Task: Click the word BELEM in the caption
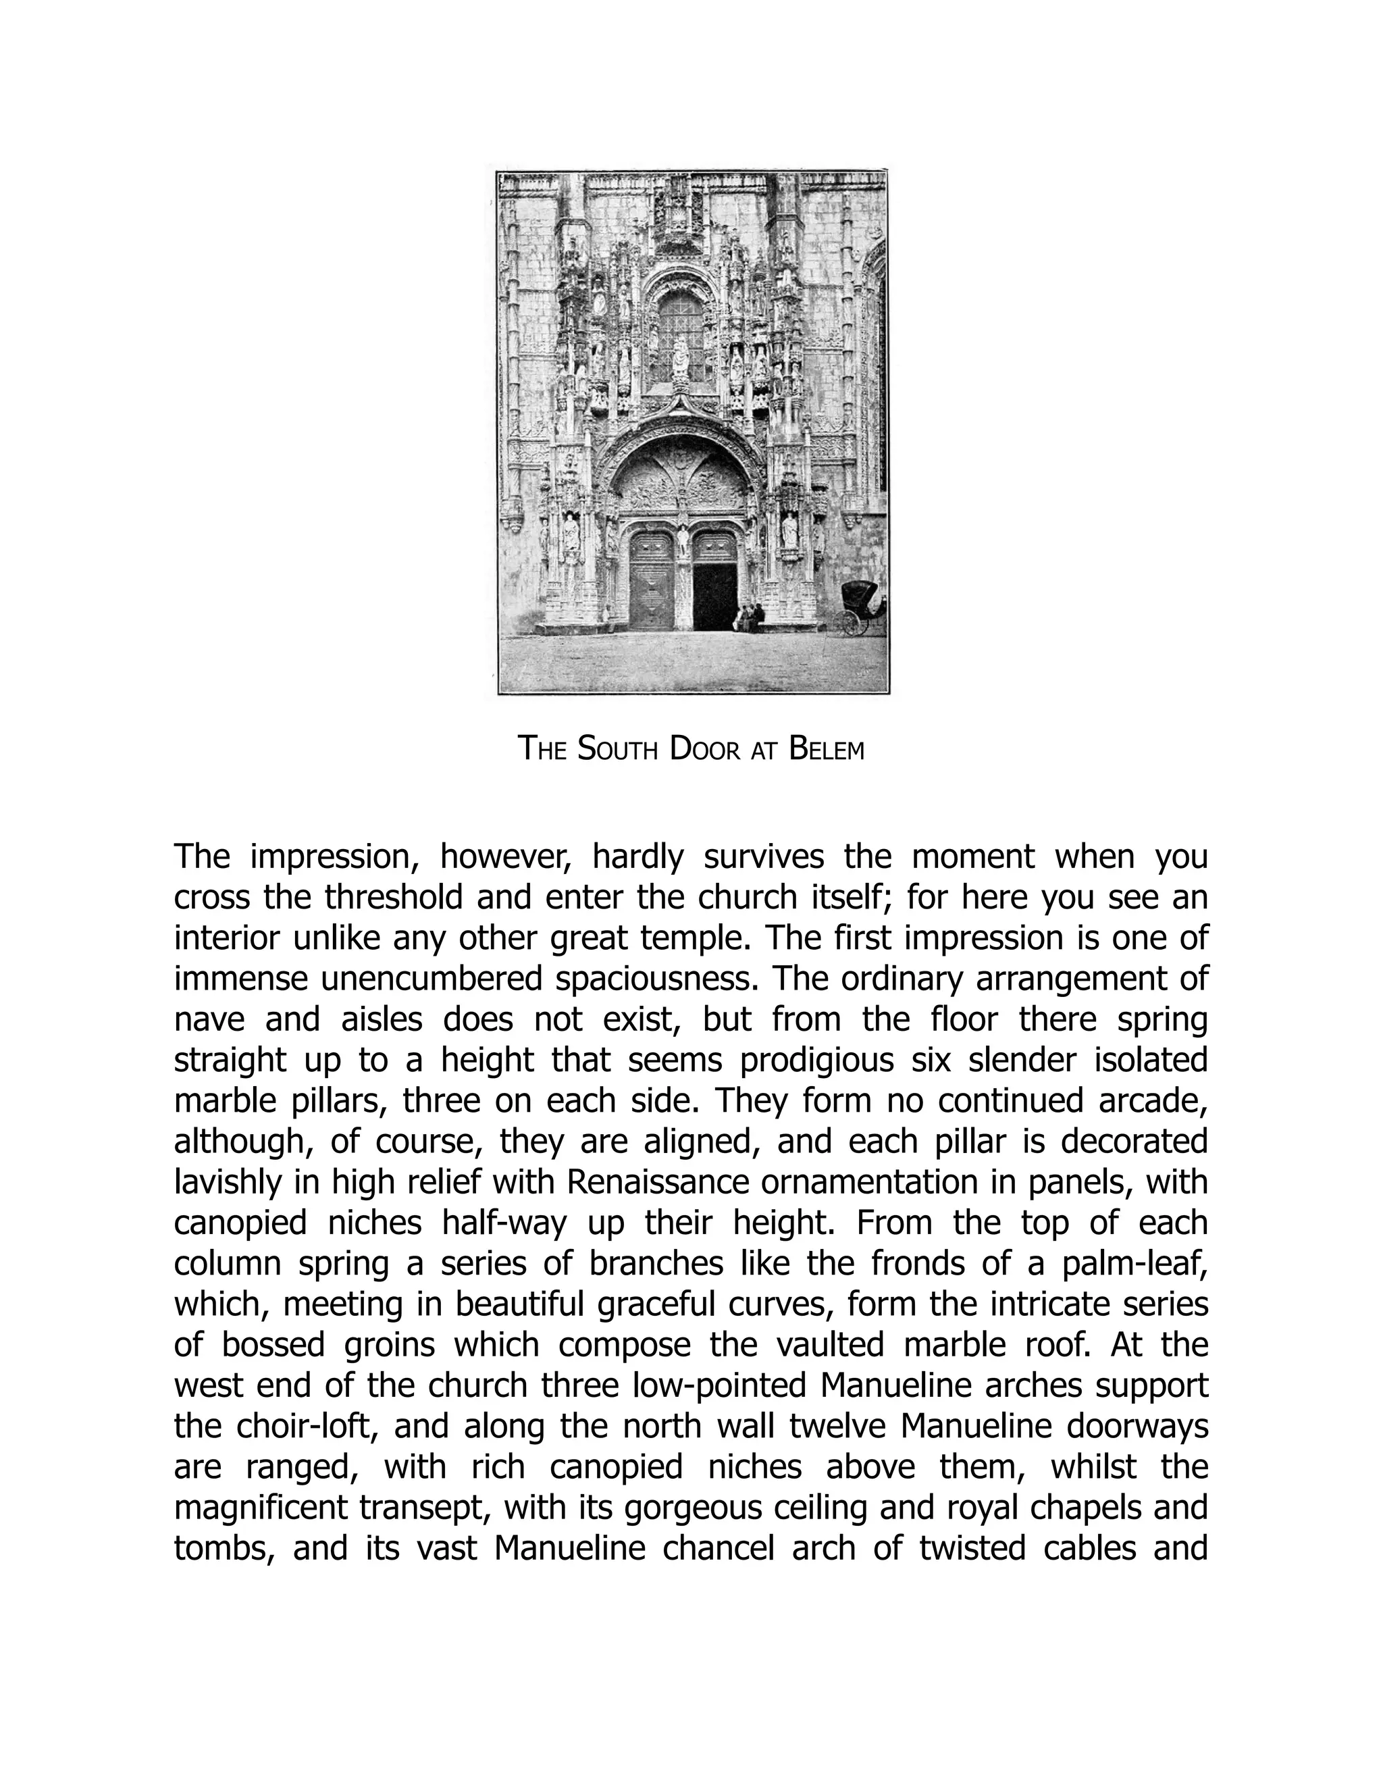(826, 749)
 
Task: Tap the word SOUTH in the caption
(618, 749)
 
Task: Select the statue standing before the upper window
(679, 356)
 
